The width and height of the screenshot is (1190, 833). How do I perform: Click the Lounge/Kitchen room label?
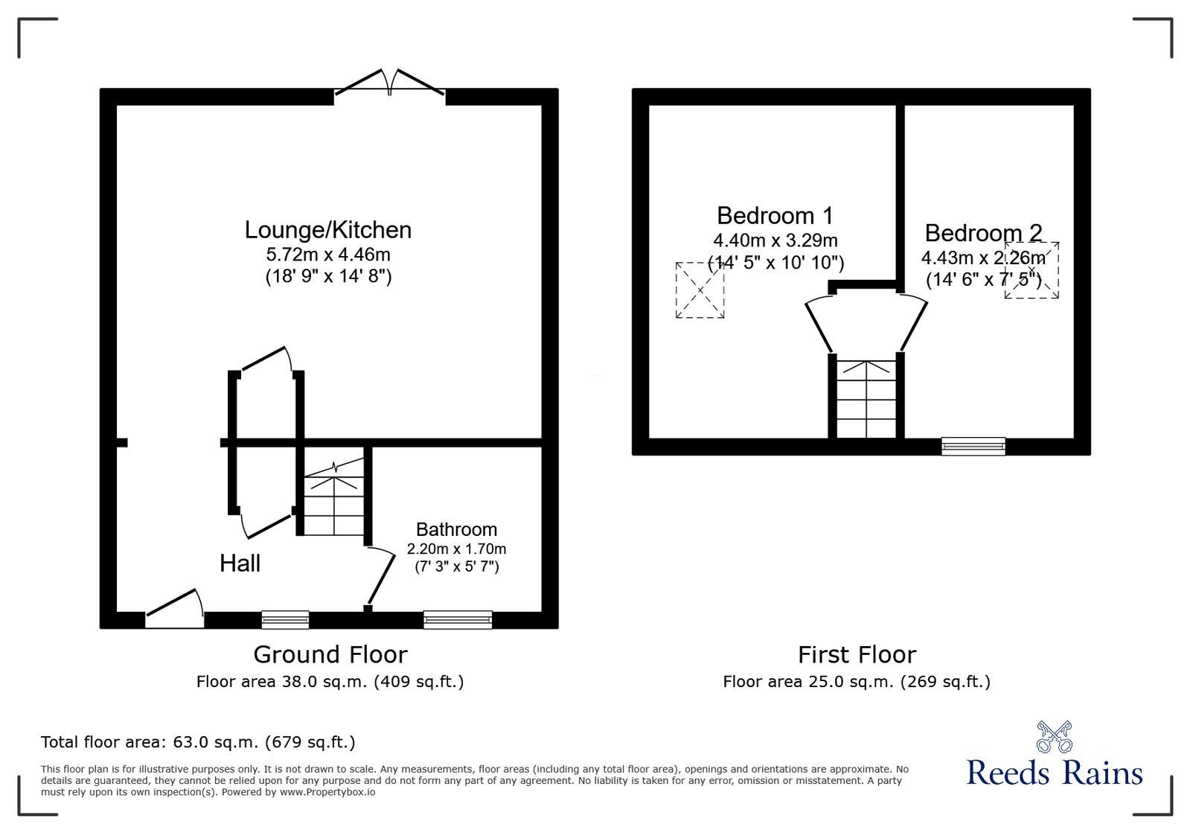(x=328, y=230)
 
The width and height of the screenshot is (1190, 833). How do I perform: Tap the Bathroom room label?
(x=456, y=529)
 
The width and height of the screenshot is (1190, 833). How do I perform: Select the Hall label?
(x=240, y=564)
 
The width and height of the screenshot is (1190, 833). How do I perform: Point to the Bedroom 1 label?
(x=775, y=216)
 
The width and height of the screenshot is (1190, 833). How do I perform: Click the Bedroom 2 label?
(x=983, y=233)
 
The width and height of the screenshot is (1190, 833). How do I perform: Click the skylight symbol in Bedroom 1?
(x=700, y=290)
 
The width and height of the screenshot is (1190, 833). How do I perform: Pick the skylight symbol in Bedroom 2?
(x=1031, y=270)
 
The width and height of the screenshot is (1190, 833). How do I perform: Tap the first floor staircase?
(x=866, y=399)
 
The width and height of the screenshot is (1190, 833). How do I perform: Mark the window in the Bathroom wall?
(x=458, y=619)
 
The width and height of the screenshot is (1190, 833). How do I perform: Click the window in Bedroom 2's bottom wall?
(x=973, y=446)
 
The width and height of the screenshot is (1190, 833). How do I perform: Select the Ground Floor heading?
(x=330, y=654)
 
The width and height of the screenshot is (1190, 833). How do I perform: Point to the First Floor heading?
(x=857, y=654)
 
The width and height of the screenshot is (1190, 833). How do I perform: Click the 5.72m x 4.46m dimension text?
(x=328, y=255)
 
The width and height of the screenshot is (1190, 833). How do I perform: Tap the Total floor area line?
(x=198, y=742)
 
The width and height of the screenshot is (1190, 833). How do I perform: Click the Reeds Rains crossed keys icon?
(x=1054, y=736)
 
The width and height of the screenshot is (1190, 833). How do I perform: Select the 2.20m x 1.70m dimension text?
(x=456, y=549)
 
